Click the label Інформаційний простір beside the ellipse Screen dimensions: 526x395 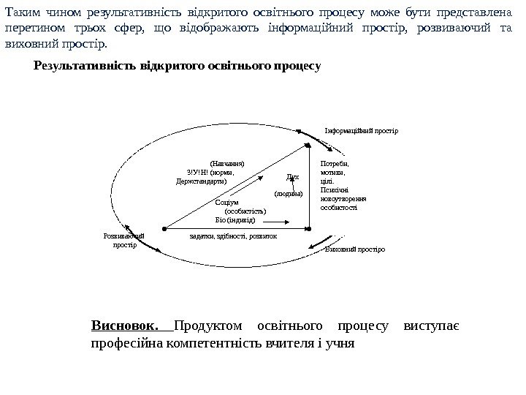tap(362, 132)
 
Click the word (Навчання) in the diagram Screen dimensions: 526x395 tap(226, 164)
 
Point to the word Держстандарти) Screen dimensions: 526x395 tap(202, 181)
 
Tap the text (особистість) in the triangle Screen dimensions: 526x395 tap(245, 211)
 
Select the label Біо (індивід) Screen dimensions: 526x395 tap(235, 219)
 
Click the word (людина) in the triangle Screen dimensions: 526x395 tap(288, 194)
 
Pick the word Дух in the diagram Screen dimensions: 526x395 tap(293, 177)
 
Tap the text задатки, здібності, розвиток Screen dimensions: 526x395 tap(233, 236)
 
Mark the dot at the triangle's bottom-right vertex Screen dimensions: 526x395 tap(310, 228)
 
